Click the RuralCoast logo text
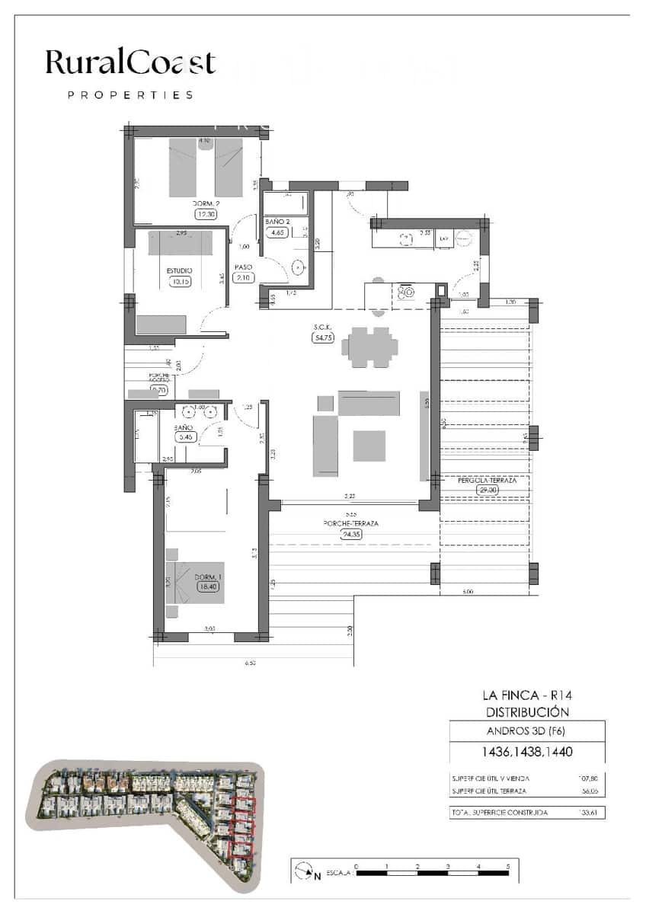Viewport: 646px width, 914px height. tap(130, 63)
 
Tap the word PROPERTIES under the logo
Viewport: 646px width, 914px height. tap(130, 95)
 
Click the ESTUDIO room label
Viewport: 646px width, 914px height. tap(180, 270)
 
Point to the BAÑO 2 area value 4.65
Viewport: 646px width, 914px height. tap(276, 233)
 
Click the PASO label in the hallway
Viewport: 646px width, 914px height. tap(244, 267)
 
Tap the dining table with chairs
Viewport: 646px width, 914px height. tap(369, 348)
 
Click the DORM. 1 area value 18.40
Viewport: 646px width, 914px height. tap(207, 586)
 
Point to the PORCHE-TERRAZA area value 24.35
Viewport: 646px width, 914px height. tap(351, 534)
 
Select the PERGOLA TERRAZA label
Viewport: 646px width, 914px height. tap(487, 481)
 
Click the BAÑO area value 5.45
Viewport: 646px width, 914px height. tap(185, 437)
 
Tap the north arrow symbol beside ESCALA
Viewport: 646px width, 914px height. tap(305, 870)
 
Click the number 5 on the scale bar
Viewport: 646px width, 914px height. tap(508, 867)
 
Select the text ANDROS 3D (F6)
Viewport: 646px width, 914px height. tap(526, 732)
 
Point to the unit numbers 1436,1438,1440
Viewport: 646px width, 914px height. tap(526, 752)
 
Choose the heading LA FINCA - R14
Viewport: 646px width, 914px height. tap(526, 695)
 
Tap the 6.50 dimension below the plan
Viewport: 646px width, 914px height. tap(250, 663)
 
